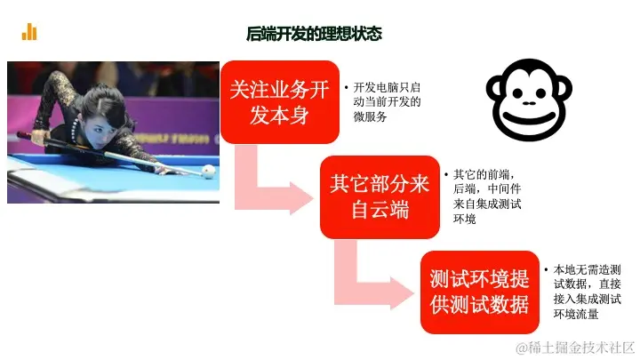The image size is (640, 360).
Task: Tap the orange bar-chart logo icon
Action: click(29, 32)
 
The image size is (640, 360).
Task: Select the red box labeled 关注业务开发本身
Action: click(280, 102)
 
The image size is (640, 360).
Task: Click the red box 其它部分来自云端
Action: click(380, 197)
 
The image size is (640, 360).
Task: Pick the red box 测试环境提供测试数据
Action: click(480, 292)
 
